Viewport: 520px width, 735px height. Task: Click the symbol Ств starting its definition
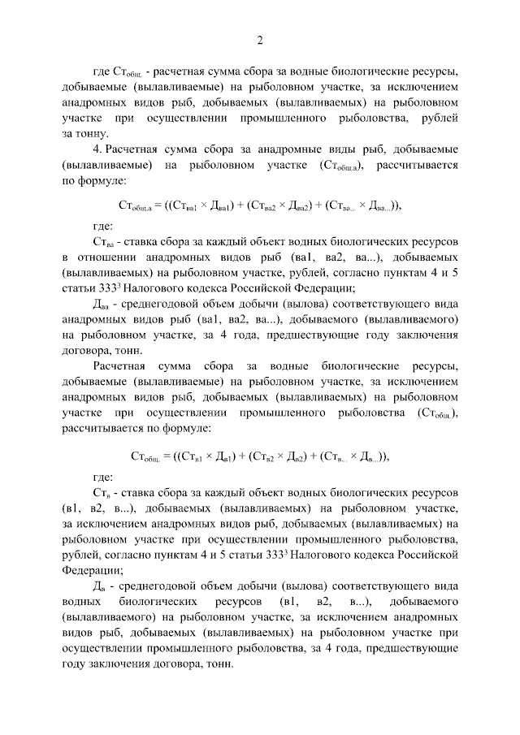(x=102, y=494)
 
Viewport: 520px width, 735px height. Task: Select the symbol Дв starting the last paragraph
(x=102, y=586)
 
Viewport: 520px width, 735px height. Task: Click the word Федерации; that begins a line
(x=93, y=570)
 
